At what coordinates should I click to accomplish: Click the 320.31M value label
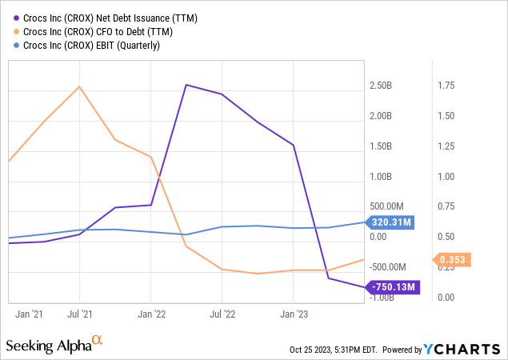tap(390, 222)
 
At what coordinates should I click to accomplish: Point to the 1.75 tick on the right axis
tap(446, 86)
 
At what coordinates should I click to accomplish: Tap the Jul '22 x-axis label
tap(222, 314)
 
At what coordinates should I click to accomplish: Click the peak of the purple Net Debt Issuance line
tap(186, 85)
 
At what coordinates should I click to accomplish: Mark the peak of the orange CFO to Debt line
tap(78, 86)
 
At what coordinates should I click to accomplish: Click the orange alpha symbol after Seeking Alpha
tap(98, 342)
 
